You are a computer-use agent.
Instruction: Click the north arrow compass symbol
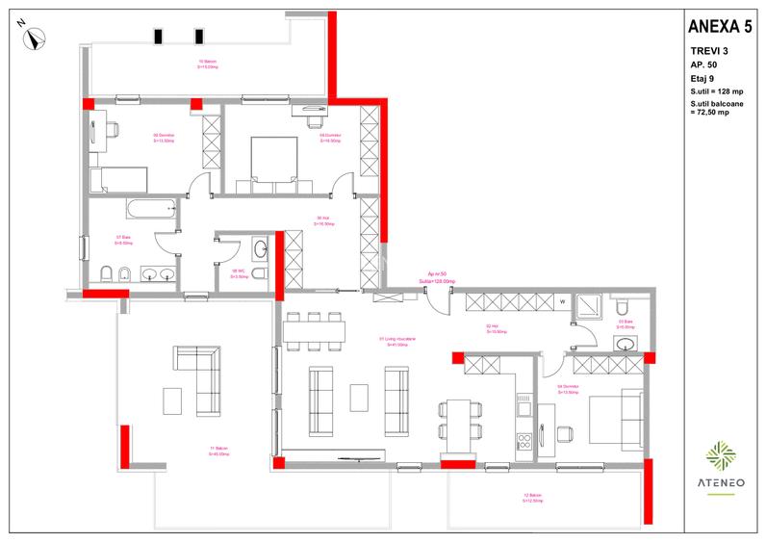pos(36,39)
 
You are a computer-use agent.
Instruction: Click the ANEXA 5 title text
pos(720,23)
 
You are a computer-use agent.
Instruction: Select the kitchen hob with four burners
pos(525,444)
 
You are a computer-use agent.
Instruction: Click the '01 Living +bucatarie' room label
pos(396,342)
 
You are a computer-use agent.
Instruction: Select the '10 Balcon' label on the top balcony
pos(207,64)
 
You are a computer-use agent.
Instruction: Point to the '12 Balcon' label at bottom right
pos(533,498)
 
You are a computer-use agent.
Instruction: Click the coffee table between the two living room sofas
pos(359,395)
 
